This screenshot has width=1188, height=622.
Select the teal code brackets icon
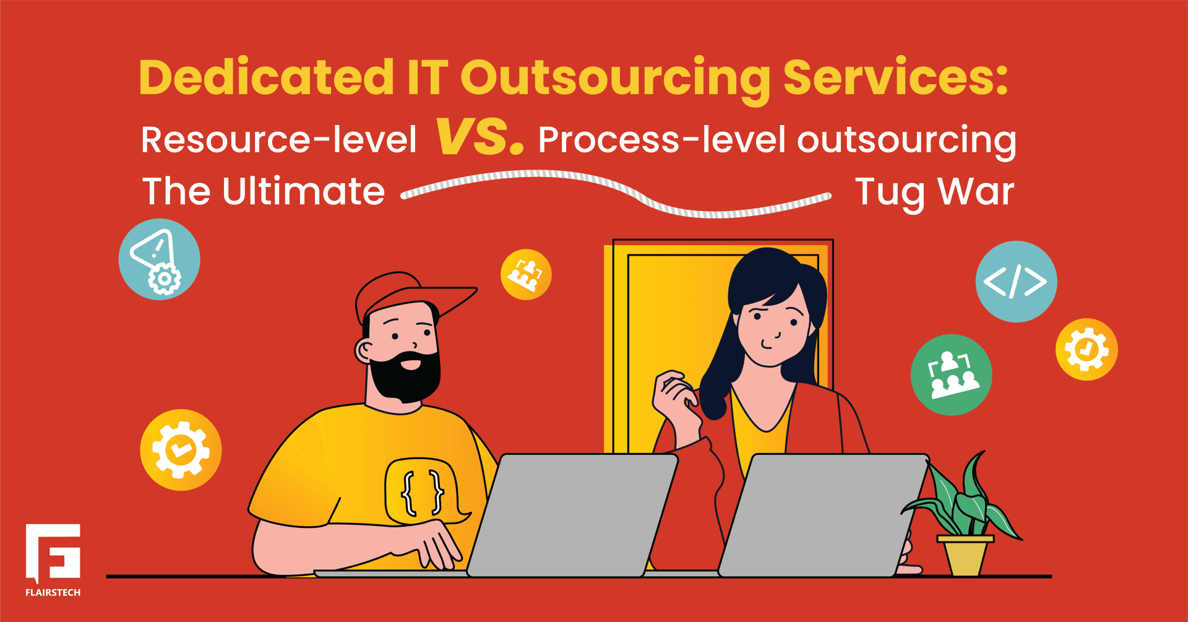(1016, 282)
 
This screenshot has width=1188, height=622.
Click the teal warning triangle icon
(159, 259)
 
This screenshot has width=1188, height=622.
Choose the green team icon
(951, 375)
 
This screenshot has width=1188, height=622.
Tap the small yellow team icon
(526, 274)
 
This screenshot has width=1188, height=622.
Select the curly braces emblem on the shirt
(423, 492)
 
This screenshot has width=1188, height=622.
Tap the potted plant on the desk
(965, 520)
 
